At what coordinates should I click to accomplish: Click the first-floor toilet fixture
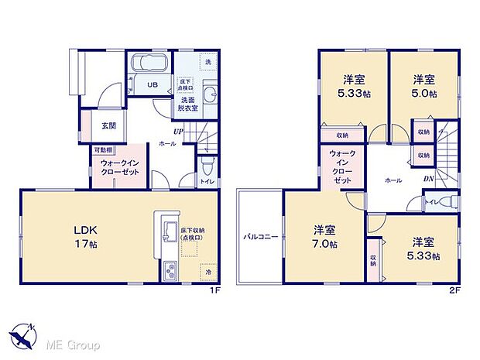point(206,168)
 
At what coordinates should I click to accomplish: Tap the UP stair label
point(178,132)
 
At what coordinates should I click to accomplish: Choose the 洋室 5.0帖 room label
point(423,86)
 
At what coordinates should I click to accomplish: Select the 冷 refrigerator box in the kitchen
point(207,272)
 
